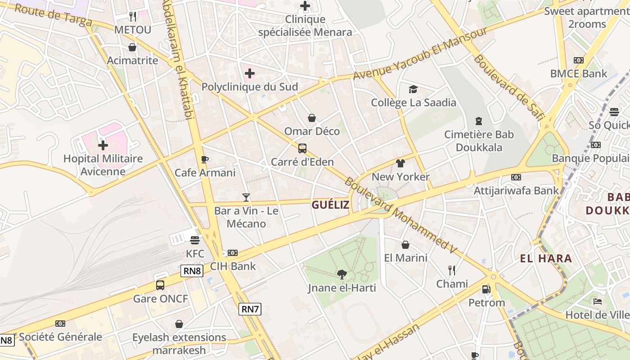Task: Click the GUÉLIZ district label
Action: [330, 205]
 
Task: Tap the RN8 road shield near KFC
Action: [192, 271]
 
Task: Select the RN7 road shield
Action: [250, 309]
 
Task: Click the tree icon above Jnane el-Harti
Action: [342, 274]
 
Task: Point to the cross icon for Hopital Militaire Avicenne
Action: [103, 145]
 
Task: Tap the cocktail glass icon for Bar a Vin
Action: [246, 197]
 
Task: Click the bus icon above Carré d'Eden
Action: [302, 148]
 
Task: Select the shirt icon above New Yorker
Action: [400, 163]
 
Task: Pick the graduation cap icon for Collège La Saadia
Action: [413, 89]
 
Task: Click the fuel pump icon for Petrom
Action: [486, 289]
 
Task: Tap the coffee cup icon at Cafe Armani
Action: [205, 159]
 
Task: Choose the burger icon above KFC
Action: [195, 240]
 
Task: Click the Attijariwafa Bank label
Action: [516, 190]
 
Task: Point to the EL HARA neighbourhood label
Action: [546, 258]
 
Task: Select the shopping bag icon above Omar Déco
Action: [312, 118]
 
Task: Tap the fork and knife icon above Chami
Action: [452, 270]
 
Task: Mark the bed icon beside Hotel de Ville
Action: [598, 301]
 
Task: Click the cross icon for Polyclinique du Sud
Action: [250, 73]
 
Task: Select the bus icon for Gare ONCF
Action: [160, 285]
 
